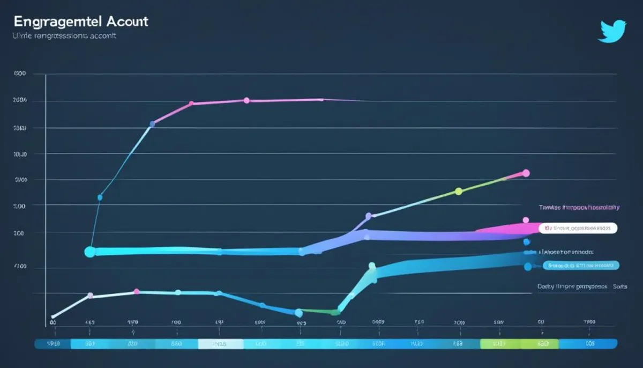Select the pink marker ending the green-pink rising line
526,173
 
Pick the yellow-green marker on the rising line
458,191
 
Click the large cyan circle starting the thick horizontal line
90,252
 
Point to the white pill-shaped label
578,229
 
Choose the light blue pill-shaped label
581,265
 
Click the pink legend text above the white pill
579,207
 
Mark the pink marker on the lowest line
137,291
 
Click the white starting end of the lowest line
53,317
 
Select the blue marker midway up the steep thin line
100,197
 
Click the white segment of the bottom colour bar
220,344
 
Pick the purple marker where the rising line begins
368,216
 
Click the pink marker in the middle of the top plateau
246,100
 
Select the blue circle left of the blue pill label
528,266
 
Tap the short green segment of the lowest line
319,311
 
